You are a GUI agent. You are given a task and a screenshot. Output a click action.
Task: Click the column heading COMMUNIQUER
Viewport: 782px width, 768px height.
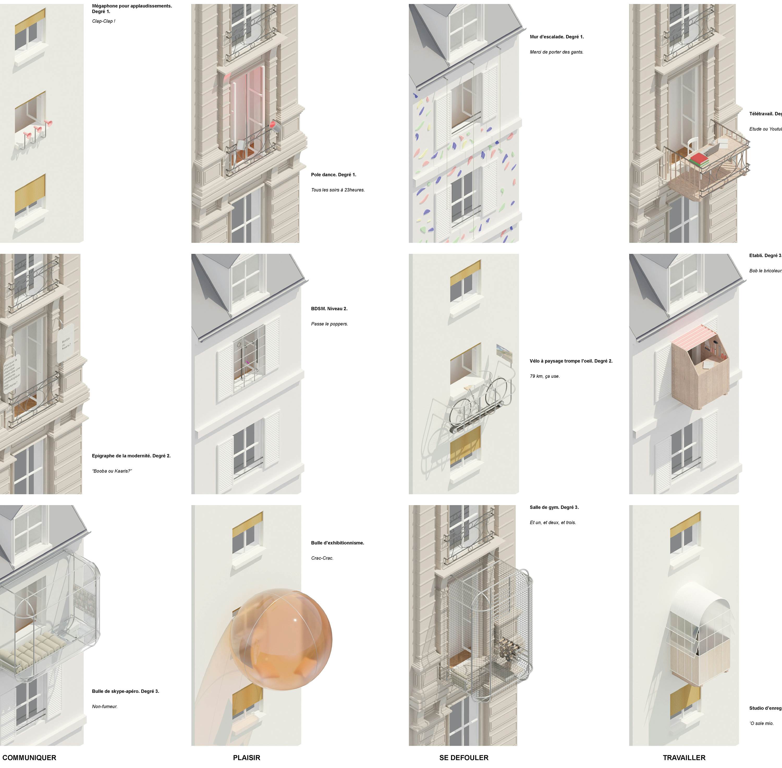(x=29, y=758)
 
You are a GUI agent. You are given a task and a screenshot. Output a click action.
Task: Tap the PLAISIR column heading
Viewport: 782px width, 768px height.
(x=246, y=758)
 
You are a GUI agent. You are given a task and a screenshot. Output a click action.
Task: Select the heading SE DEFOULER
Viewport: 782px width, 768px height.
(x=463, y=758)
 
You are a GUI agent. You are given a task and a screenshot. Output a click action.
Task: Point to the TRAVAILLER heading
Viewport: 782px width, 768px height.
(x=684, y=758)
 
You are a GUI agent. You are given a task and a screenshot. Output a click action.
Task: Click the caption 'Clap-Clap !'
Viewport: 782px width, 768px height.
(x=103, y=21)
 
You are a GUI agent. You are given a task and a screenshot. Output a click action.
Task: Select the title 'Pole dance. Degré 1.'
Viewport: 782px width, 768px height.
(x=333, y=175)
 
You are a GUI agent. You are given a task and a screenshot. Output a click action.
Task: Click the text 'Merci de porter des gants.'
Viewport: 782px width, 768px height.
(x=556, y=52)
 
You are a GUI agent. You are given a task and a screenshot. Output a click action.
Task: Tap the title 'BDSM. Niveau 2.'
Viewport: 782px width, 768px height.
(x=329, y=309)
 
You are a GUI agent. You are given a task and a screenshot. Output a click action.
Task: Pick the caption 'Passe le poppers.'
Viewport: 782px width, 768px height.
(x=329, y=324)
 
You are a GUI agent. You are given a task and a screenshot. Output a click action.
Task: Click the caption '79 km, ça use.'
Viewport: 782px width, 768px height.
(x=545, y=376)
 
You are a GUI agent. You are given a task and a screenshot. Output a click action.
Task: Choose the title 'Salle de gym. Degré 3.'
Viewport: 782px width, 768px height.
(x=554, y=507)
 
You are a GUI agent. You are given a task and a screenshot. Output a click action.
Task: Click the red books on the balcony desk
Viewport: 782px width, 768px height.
(x=699, y=160)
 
